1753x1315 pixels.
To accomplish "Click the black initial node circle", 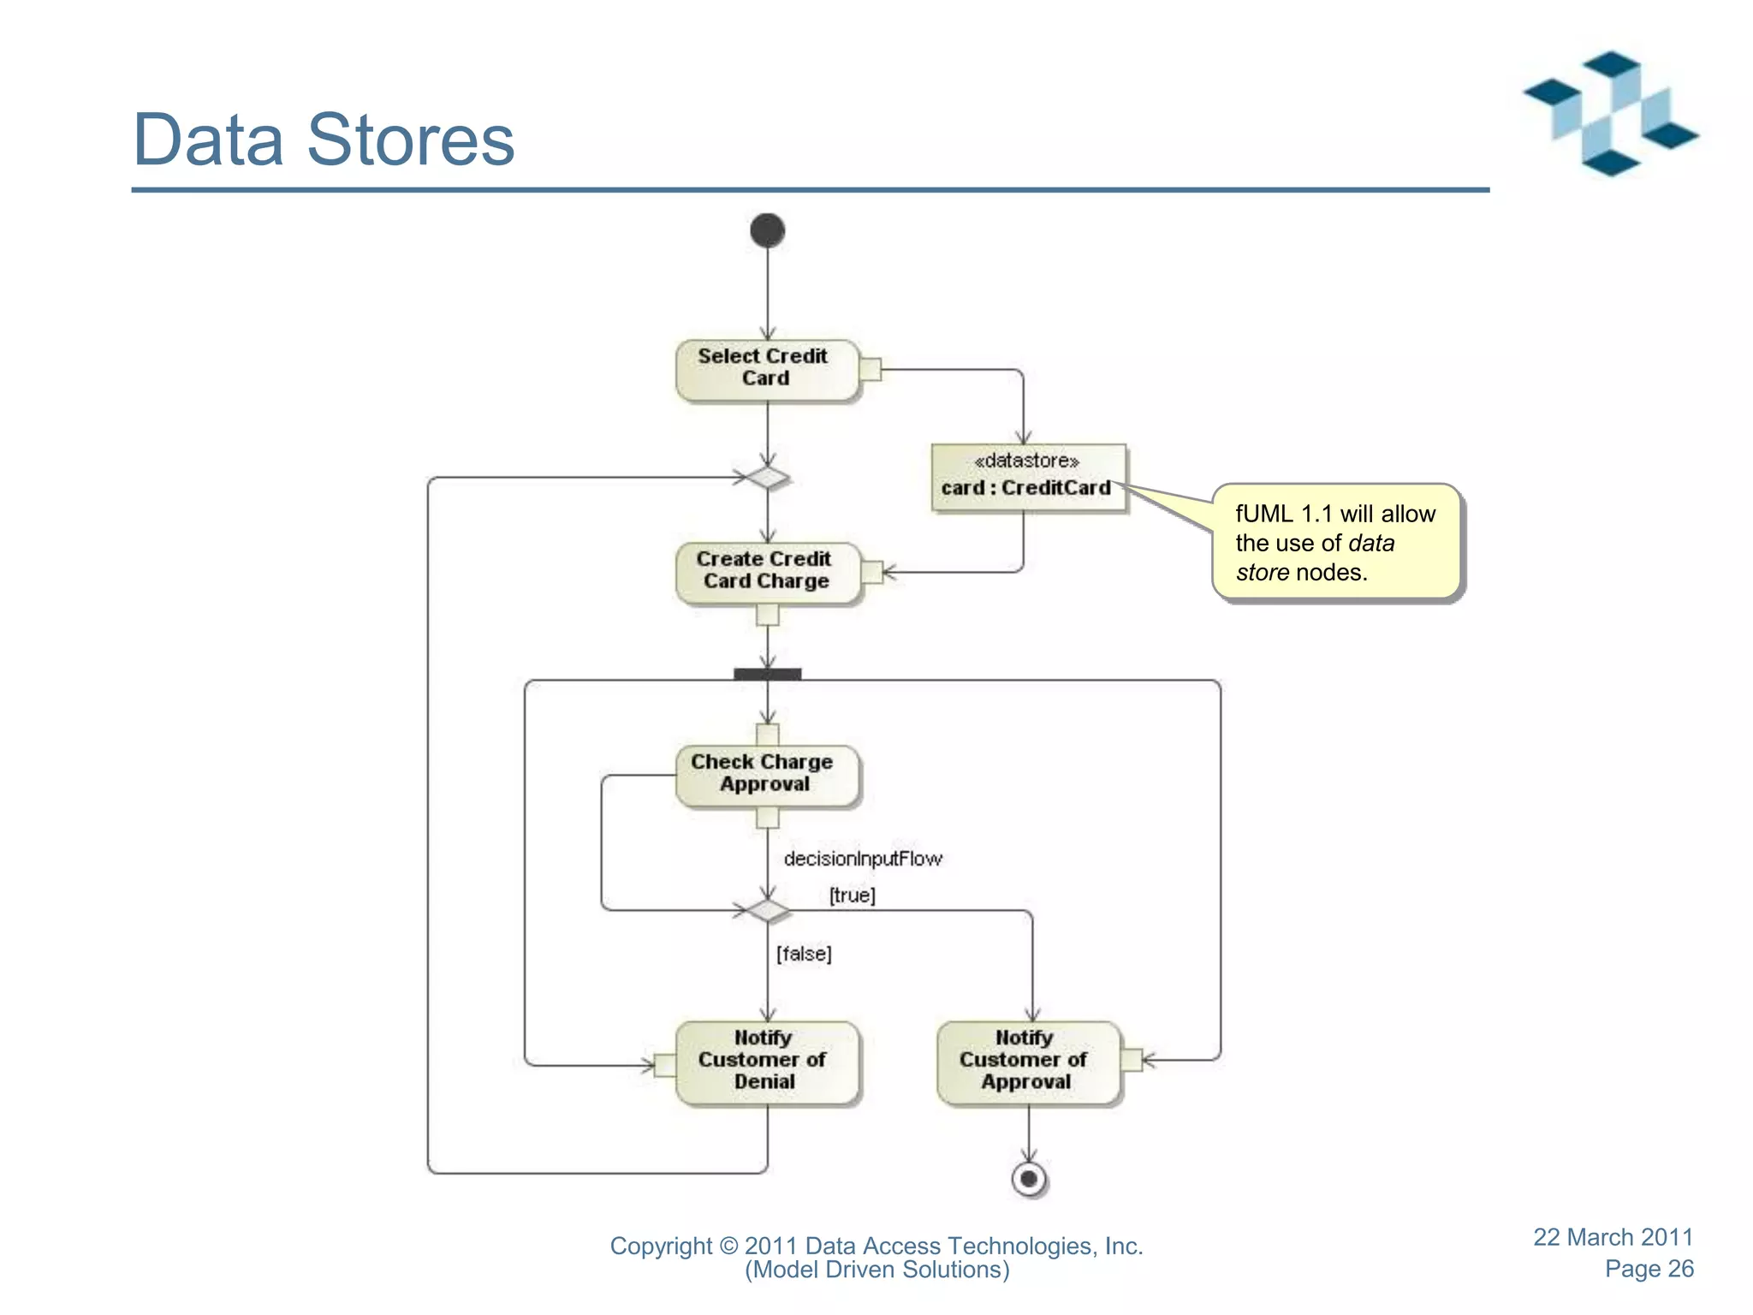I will pos(767,230).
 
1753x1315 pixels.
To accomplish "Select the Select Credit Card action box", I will pos(766,369).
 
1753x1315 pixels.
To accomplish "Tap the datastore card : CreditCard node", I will pos(1027,477).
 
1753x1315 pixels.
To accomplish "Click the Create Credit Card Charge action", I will pos(766,571).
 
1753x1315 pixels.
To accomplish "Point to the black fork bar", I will pos(767,674).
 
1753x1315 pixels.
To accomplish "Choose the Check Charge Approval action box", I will pos(766,774).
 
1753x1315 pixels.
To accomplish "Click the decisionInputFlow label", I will pos(862,859).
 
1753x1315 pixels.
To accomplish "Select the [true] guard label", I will pos(852,896).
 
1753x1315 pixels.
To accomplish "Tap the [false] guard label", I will pos(804,954).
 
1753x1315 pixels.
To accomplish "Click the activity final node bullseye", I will pos(1028,1179).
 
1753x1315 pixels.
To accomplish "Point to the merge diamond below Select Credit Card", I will pos(767,477).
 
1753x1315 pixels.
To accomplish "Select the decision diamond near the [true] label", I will pos(767,910).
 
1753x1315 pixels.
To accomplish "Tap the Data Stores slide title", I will pos(324,140).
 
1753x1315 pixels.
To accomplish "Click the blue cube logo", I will pos(1610,114).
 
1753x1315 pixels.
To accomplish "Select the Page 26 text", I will pos(1649,1269).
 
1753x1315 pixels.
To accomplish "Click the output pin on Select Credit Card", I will pos(870,369).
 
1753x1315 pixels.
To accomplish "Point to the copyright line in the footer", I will pos(876,1246).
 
